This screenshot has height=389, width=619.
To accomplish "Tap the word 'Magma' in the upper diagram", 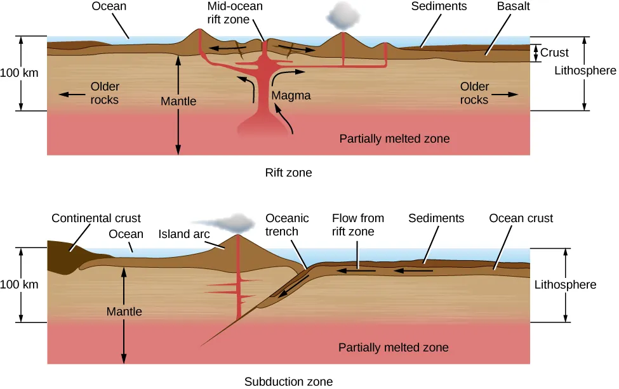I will pyautogui.click(x=291, y=96).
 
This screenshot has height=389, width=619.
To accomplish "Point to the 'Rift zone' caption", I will pyautogui.click(x=288, y=172).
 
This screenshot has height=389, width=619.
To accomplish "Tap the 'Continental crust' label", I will pyautogui.click(x=96, y=218).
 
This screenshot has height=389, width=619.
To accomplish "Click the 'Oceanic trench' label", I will pyautogui.click(x=287, y=225).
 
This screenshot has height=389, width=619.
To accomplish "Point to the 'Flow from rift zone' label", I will pyautogui.click(x=353, y=225).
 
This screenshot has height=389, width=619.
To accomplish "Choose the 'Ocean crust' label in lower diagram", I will pyautogui.click(x=521, y=218).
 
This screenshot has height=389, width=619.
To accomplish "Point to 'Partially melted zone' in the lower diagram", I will pyautogui.click(x=393, y=347).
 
